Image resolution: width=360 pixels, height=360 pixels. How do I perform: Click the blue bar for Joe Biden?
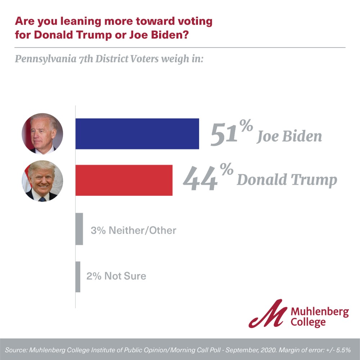click(x=137, y=134)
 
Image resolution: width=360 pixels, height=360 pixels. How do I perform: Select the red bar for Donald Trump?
click(x=124, y=180)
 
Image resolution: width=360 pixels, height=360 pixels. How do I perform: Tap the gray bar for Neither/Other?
click(x=79, y=229)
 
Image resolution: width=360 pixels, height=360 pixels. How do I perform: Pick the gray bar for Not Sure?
click(x=78, y=276)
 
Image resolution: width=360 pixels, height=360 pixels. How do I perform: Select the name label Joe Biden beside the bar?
click(x=289, y=137)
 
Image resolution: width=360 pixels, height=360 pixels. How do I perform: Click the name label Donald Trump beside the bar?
click(x=287, y=180)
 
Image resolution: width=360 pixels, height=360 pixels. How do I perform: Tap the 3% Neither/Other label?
click(x=133, y=230)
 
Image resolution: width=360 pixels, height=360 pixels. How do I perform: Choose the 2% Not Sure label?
click(x=116, y=276)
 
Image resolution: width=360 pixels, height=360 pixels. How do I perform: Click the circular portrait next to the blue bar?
click(x=42, y=134)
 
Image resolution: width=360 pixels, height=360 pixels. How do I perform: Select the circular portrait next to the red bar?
click(x=42, y=181)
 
